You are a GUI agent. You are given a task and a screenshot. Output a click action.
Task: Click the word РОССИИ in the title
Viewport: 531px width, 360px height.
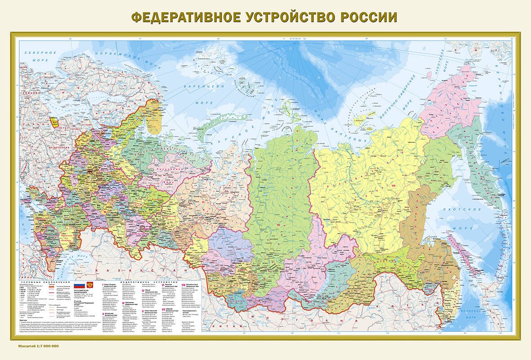(x=368, y=17)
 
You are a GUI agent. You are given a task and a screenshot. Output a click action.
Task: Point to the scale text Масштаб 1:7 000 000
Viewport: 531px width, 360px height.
(x=39, y=346)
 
